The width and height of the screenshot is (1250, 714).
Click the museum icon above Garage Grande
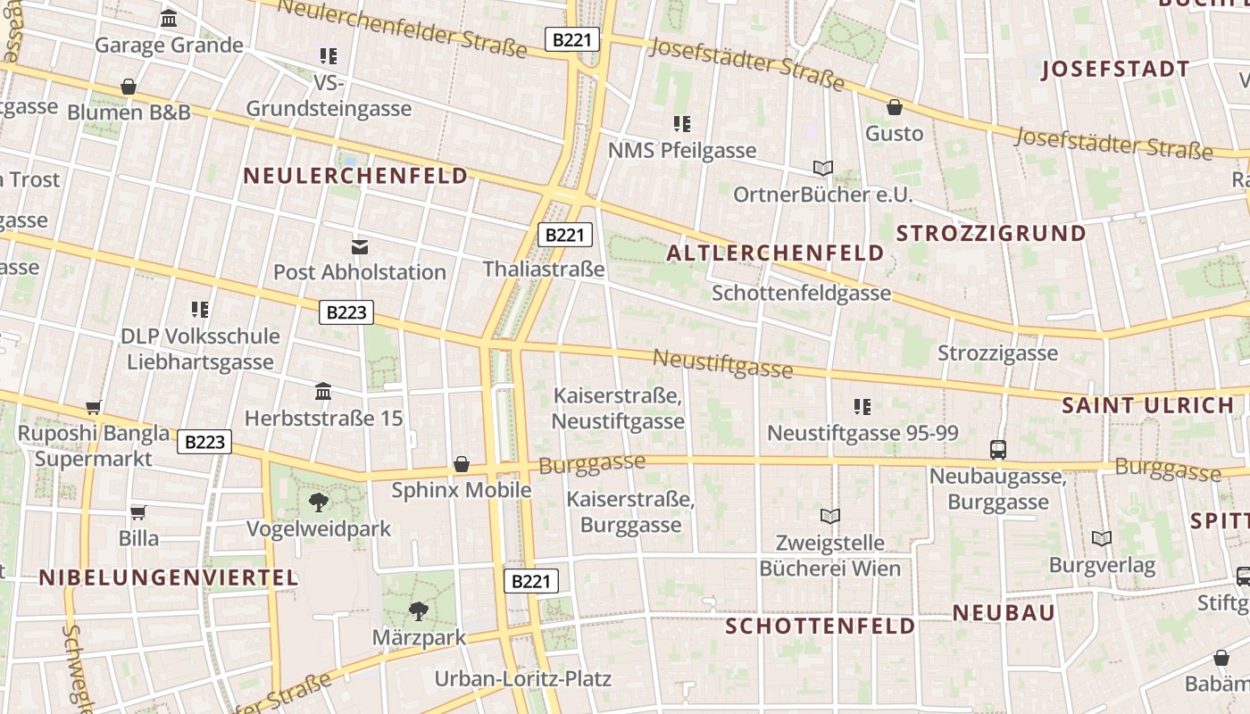coord(169,18)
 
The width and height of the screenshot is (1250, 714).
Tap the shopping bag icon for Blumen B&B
coord(129,87)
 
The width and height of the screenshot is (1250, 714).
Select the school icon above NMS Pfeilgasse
coord(682,124)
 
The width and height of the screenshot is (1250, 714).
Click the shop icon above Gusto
coord(895,108)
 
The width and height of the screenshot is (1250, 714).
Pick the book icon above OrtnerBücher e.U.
coord(823,168)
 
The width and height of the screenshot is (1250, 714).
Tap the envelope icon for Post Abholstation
coord(360,246)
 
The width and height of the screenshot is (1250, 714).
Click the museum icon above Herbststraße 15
coord(323,392)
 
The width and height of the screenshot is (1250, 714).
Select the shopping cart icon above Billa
coord(138,512)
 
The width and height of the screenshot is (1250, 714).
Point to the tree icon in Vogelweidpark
coord(319,502)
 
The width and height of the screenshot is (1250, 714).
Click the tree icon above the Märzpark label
coord(418,611)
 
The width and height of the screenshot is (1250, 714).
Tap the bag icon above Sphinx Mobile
coord(462,464)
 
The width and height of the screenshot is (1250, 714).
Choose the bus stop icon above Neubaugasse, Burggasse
coord(998,450)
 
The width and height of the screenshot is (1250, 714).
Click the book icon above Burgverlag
coord(1102,538)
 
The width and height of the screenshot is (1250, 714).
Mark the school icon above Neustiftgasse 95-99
coord(862,407)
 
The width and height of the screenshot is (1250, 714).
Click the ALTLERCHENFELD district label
coord(775,253)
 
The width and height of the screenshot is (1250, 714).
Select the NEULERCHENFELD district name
coord(355,176)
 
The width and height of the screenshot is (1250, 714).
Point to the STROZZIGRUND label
coord(991,234)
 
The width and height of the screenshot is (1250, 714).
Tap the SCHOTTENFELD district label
coord(820,627)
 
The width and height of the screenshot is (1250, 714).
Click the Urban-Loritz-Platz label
coord(522,679)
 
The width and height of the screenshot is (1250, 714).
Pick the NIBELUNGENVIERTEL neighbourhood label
coord(168,577)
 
